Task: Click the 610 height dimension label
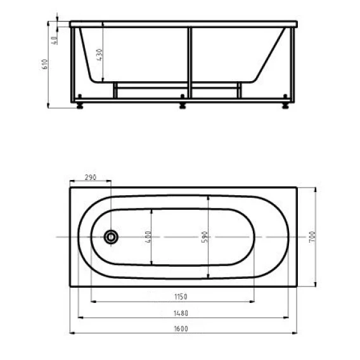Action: [45, 64]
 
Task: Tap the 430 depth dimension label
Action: [100, 55]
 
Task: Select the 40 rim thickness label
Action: [55, 41]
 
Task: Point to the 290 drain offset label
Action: [91, 177]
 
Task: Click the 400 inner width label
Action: [148, 237]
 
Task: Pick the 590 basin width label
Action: [205, 237]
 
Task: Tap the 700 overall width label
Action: [312, 237]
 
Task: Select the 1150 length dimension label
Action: [181, 297]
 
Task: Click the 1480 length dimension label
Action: [181, 313]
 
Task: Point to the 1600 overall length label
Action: [181, 329]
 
